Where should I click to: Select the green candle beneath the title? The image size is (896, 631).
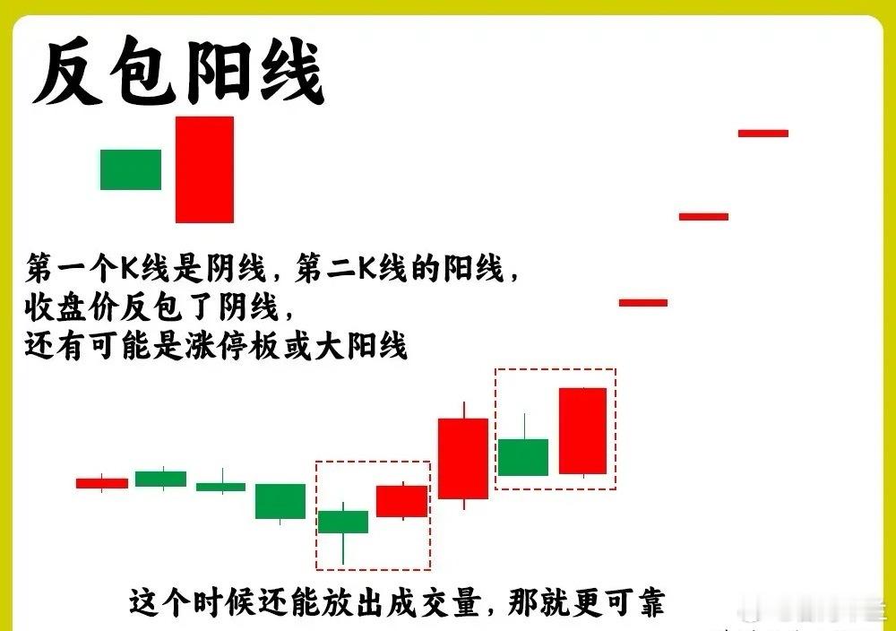131,169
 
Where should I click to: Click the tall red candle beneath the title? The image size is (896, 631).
204,169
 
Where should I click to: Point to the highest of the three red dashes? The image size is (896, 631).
763,134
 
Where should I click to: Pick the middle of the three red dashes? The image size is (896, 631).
703,217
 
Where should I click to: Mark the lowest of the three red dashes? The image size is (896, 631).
643,302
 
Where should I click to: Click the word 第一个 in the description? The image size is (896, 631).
72,269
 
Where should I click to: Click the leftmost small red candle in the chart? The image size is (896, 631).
102,483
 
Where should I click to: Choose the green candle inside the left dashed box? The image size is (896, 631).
343,522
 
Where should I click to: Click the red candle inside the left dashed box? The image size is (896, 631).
402,501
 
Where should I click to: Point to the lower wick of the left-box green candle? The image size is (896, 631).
343,549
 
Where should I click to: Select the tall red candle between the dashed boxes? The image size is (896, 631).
463,458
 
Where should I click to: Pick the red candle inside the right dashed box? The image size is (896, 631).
583,431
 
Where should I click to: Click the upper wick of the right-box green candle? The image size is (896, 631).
524,426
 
